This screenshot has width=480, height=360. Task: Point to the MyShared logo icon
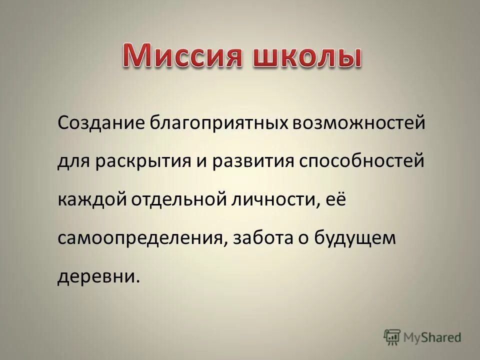[x=392, y=337]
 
